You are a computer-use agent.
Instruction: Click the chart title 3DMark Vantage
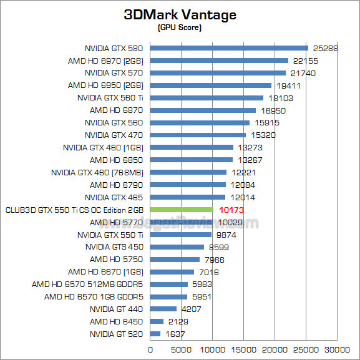click(x=180, y=14)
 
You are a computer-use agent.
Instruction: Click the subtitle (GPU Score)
click(x=180, y=27)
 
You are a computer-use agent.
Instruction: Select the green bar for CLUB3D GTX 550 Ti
click(x=182, y=210)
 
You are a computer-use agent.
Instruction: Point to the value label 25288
click(x=325, y=48)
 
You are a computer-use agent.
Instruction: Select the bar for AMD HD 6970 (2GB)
click(x=219, y=61)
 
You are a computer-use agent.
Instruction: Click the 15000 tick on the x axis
click(x=244, y=349)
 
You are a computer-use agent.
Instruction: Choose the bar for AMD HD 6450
click(x=157, y=321)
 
